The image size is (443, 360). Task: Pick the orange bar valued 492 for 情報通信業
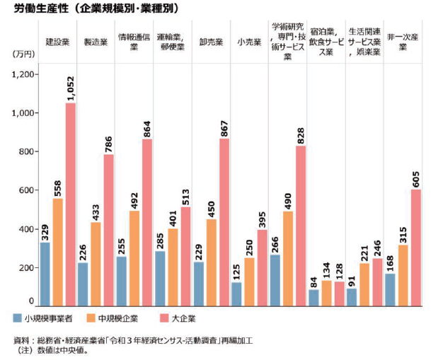pyautogui.click(x=134, y=258)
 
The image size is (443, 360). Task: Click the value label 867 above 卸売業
pyautogui.click(x=224, y=124)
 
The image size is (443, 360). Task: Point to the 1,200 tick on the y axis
pyautogui.click(x=26, y=75)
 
